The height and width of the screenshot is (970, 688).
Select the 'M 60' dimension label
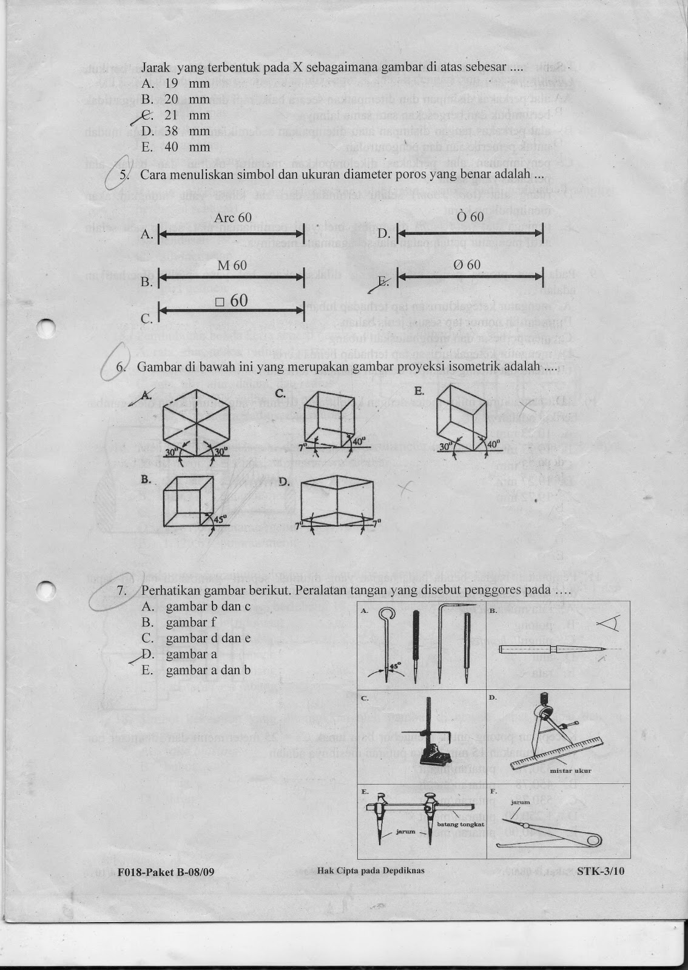[232, 266]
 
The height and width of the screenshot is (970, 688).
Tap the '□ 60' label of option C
[231, 301]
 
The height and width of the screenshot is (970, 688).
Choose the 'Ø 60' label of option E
[467, 265]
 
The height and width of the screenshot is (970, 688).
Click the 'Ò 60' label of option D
[470, 217]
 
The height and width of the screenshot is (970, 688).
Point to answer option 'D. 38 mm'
[176, 131]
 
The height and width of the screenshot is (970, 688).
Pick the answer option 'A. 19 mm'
[176, 84]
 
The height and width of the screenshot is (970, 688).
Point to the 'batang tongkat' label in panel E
[459, 825]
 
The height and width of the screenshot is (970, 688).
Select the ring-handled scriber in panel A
[388, 643]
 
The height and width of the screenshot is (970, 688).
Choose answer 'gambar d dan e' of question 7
[198, 638]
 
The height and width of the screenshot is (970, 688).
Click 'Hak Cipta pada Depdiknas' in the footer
[370, 871]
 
